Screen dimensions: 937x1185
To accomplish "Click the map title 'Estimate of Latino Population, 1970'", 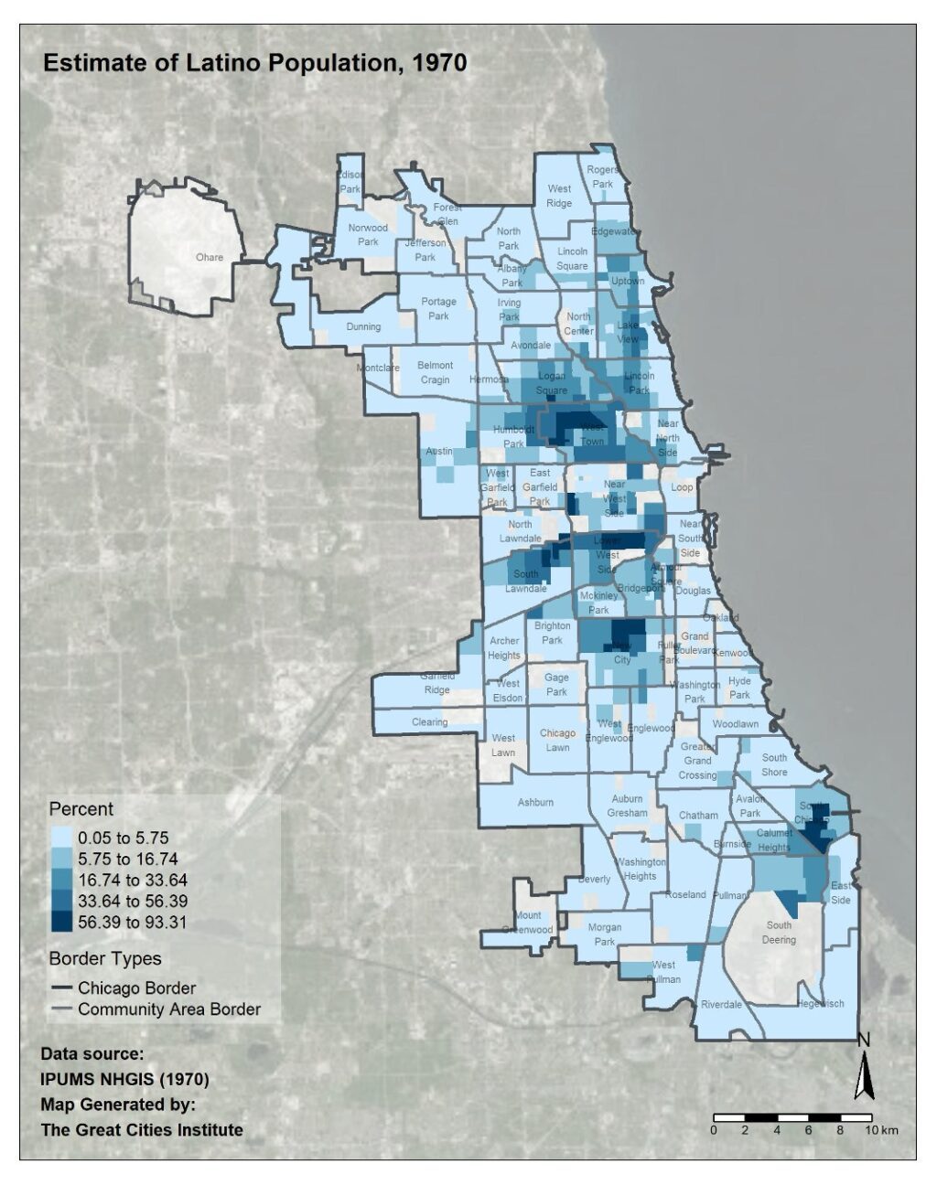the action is pos(255,63).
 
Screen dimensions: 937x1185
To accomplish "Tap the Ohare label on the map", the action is pos(210,257).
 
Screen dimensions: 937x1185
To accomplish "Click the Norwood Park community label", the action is pos(368,235).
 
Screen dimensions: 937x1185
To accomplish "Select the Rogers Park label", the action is pos(602,176).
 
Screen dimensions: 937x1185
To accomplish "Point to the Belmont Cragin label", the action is pos(436,372).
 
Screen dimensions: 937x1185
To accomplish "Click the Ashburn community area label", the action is pos(535,802).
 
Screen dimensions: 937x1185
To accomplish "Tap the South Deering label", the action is pos(780,932).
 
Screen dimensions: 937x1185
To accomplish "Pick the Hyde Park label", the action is pos(739,688).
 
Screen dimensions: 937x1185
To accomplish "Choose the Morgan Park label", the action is pos(605,934).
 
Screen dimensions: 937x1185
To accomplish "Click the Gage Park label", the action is pos(556,685).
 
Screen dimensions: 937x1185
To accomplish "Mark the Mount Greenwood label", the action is pos(528,923).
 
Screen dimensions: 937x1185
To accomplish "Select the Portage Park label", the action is pos(439,308).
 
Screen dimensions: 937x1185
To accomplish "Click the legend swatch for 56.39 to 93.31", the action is pos(61,922).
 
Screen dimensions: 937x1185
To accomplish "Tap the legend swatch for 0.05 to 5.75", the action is pos(61,838).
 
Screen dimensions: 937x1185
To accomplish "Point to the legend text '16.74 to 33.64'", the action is pos(133,880).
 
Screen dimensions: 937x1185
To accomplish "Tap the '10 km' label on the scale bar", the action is pos(883,1130).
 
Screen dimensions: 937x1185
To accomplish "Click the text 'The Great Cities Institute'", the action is pos(142,1129).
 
